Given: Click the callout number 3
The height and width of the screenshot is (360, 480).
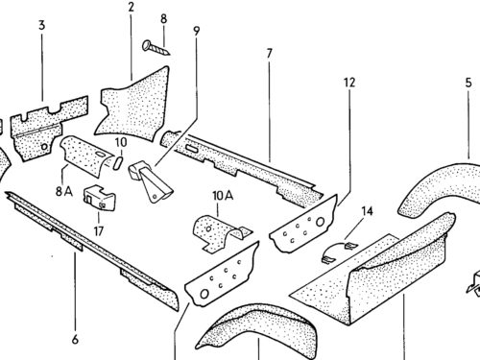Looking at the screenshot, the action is [x=42, y=25].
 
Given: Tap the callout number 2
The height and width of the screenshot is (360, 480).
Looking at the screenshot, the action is [x=131, y=7].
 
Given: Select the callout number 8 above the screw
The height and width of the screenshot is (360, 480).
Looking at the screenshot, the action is [x=163, y=19].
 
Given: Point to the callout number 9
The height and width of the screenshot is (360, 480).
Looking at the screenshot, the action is [x=196, y=31].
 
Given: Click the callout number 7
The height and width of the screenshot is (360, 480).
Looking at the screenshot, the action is [x=269, y=54].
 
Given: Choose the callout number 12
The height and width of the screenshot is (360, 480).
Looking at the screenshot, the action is [x=349, y=83].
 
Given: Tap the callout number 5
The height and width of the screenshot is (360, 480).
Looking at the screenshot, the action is [x=468, y=83].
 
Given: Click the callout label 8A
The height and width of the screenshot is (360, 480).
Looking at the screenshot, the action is [x=64, y=191].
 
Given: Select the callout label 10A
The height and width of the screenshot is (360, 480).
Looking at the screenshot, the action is [x=223, y=196].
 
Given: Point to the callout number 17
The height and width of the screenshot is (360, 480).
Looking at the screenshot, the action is [x=99, y=230].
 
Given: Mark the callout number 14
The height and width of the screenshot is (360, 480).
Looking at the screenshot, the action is [x=367, y=211].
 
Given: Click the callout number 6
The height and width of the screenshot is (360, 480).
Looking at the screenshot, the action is [x=75, y=339].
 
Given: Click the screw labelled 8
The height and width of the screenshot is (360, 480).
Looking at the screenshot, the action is [x=156, y=47].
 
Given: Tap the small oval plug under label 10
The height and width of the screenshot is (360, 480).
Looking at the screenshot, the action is [x=117, y=162].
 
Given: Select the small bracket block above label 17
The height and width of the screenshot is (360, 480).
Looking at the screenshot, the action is [x=99, y=198].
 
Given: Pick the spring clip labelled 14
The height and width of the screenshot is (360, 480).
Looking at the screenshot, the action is [x=339, y=252].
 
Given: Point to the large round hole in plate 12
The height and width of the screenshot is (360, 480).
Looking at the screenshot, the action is [x=321, y=222].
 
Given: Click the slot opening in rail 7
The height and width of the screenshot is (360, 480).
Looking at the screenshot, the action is [x=192, y=148].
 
